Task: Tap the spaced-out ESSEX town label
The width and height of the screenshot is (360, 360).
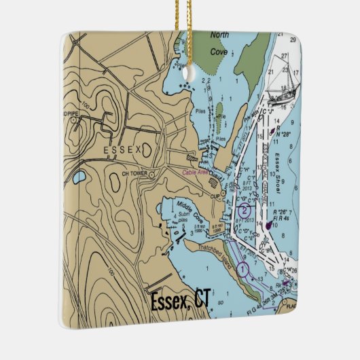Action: click(x=124, y=149)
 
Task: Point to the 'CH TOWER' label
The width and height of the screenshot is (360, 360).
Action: click(x=134, y=174)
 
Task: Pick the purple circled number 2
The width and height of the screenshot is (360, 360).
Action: click(x=244, y=211)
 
